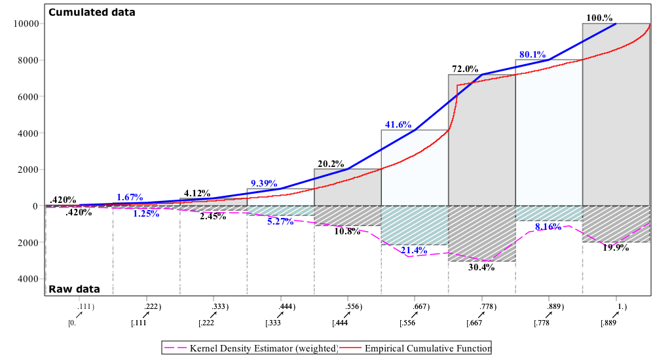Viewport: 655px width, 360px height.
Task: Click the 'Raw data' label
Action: coord(74,289)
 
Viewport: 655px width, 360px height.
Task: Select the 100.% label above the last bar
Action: coord(599,18)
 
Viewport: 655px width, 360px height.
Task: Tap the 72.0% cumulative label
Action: coord(465,69)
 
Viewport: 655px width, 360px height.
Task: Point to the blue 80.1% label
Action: coord(533,55)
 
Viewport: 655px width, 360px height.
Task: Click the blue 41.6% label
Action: coord(398,124)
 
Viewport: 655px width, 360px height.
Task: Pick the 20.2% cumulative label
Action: coord(331,164)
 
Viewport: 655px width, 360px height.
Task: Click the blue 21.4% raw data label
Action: coord(414,251)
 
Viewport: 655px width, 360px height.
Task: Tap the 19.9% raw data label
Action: coord(616,248)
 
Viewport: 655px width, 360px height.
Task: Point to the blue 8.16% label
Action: coord(548,227)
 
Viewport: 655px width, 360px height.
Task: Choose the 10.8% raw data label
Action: coord(347,232)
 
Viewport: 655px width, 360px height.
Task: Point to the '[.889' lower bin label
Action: coord(608,323)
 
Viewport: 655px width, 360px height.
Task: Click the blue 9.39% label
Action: coord(264,184)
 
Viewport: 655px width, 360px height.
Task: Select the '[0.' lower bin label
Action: coord(72,323)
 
